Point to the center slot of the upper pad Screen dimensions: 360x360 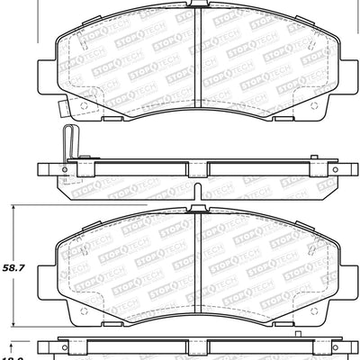195,58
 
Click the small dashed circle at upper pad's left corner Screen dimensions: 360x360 85,105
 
